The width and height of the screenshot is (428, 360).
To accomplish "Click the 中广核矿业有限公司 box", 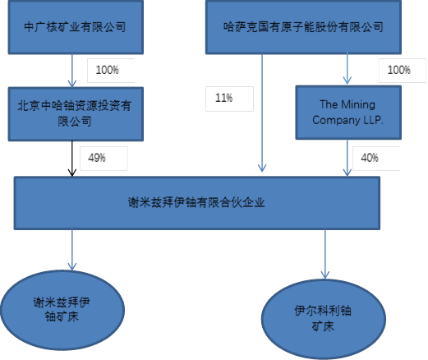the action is point(76,27).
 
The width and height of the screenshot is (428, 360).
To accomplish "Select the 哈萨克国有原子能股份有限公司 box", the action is point(303,27).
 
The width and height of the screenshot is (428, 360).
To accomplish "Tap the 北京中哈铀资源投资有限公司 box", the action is point(76,114).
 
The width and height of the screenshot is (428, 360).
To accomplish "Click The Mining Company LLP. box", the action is point(348,113).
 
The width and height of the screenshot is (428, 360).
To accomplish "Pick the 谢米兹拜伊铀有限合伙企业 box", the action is point(197,203).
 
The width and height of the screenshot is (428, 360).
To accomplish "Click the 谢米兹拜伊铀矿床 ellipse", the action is point(62,310).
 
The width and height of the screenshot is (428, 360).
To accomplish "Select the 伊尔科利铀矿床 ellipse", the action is point(324,319).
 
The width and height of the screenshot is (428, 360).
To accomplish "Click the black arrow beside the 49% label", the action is point(72,159).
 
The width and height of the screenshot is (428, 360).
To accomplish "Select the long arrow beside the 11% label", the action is point(262,113).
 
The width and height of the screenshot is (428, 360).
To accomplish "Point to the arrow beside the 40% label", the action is point(347,158).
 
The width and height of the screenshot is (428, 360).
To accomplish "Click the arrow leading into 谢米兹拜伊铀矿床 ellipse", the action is point(72,250).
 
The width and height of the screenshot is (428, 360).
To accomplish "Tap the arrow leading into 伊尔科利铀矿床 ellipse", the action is point(325,254).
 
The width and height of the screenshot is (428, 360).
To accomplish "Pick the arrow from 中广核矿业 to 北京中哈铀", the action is point(72,71).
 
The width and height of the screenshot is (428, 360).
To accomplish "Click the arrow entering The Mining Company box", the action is point(347,68).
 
